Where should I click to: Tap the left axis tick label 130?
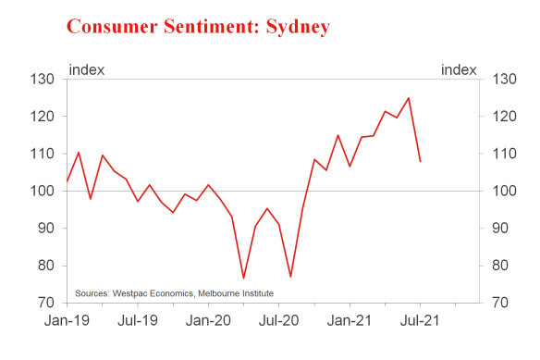[45, 80]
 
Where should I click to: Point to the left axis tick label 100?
[45, 192]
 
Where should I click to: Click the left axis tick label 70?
[49, 303]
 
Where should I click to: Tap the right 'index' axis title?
[460, 70]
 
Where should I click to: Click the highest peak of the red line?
[408, 98]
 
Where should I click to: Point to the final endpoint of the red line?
[421, 162]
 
